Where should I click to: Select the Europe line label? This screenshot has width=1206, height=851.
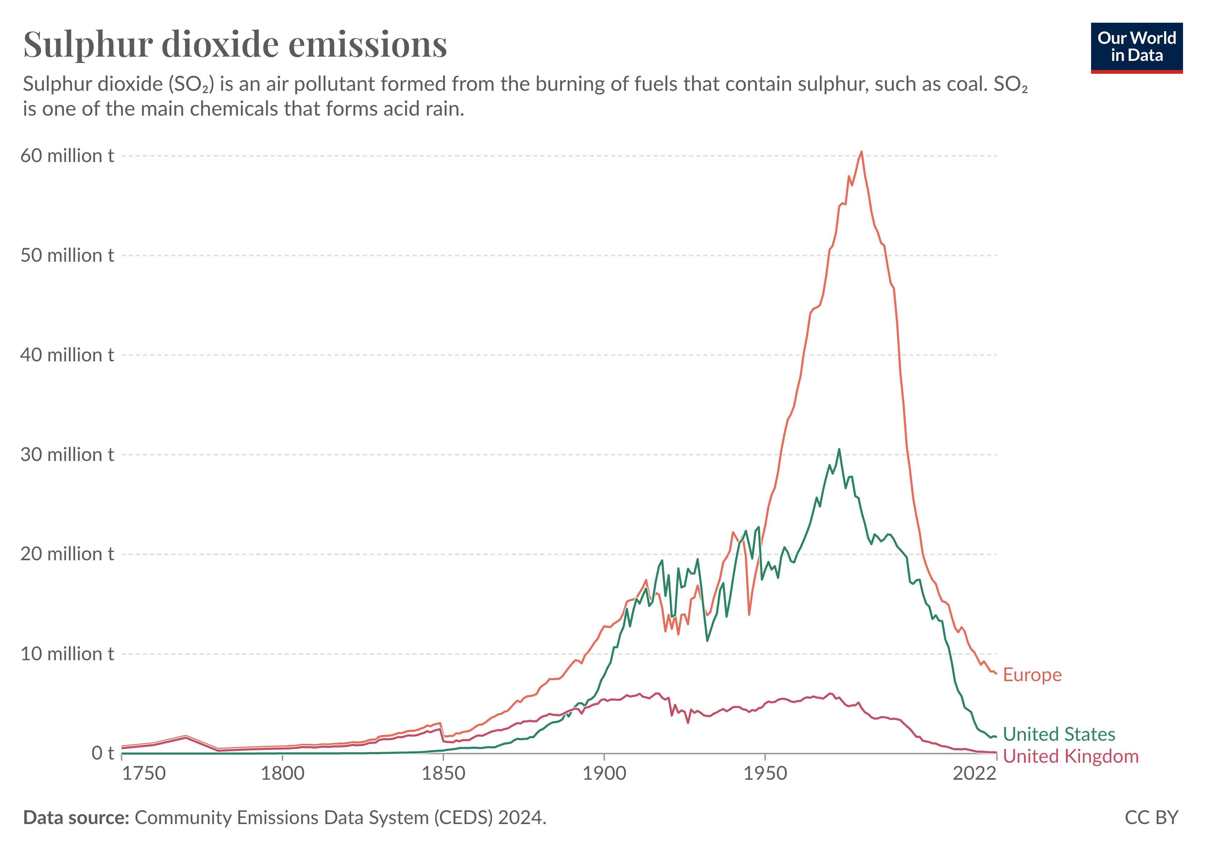click(1031, 675)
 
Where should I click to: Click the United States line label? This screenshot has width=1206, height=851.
click(1058, 734)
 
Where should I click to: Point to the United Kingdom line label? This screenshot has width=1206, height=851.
click(1071, 756)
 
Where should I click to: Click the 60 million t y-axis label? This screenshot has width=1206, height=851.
click(67, 156)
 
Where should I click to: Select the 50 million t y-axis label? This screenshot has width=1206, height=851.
click(67, 256)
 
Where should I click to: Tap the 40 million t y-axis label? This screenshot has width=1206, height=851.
click(67, 355)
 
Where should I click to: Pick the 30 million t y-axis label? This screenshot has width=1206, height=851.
click(67, 455)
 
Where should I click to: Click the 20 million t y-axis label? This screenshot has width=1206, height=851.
click(67, 554)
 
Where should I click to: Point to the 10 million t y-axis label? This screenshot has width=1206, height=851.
click(67, 654)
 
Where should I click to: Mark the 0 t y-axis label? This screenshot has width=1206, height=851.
click(103, 753)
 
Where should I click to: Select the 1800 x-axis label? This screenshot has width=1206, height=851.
click(283, 774)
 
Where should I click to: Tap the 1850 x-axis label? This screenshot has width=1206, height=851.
click(443, 774)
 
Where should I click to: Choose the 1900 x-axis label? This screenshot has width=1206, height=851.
click(604, 774)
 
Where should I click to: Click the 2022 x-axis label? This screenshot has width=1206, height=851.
click(974, 774)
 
